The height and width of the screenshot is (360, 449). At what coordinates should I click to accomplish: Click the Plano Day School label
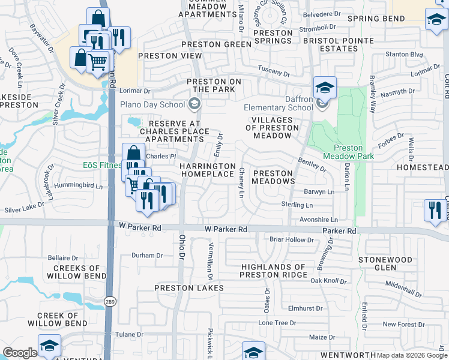tap(152, 104)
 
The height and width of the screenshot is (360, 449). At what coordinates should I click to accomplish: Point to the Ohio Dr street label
tap(182, 247)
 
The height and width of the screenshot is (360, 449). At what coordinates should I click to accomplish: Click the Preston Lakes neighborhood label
tap(189, 288)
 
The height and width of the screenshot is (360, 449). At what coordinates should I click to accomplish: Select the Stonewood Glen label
tap(385, 264)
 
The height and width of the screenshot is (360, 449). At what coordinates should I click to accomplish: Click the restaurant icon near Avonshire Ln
tap(435, 210)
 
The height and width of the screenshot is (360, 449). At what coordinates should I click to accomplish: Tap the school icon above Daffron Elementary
tap(324, 88)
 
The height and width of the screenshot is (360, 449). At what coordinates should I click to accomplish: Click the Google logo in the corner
tap(20, 353)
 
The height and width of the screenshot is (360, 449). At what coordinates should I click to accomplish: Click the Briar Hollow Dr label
tap(292, 240)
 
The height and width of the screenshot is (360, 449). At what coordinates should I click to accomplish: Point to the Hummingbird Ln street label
tap(79, 186)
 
